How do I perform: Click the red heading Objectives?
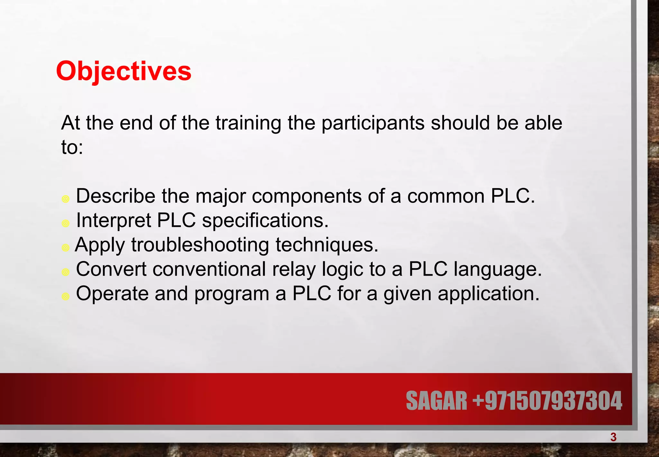(x=124, y=72)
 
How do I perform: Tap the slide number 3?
(x=613, y=437)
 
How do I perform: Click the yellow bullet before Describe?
(x=66, y=199)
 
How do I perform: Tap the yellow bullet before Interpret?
(x=66, y=223)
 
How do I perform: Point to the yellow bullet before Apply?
(x=66, y=248)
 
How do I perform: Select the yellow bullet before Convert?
(x=66, y=272)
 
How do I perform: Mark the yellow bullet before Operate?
(x=66, y=296)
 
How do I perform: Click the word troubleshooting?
(x=200, y=245)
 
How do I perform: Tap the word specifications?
(x=265, y=221)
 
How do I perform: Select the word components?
(x=306, y=196)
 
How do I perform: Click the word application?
(x=488, y=294)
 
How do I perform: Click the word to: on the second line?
(x=72, y=148)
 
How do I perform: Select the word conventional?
(x=209, y=269)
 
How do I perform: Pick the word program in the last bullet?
(x=231, y=294)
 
